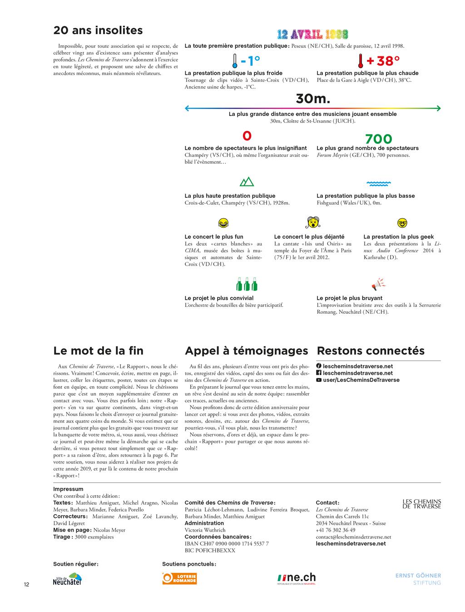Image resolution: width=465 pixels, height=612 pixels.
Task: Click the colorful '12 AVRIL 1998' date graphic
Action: (312, 35)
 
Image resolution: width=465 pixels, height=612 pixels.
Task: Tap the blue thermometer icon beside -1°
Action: (234, 60)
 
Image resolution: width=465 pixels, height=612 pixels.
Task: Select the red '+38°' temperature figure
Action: (383, 60)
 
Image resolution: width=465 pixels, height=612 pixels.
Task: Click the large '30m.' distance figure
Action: (312, 99)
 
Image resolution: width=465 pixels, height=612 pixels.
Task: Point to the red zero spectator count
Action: (247, 136)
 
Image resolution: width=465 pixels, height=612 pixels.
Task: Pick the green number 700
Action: (378, 139)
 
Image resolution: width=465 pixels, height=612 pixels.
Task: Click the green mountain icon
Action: (247, 182)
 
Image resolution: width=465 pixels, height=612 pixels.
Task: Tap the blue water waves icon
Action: (379, 184)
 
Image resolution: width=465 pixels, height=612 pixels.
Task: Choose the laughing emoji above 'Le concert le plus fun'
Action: (223, 223)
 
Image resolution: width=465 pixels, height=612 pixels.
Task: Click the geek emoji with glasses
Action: (402, 223)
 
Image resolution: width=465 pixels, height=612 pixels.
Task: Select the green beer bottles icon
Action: (247, 284)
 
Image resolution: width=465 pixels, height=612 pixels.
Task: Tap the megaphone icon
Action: (378, 285)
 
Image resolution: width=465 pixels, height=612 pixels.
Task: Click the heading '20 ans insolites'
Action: (98, 30)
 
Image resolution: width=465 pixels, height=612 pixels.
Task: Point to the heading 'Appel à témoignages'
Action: (247, 351)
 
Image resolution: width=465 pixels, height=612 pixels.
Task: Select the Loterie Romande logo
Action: (179, 578)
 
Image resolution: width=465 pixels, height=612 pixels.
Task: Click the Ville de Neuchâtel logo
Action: (68, 579)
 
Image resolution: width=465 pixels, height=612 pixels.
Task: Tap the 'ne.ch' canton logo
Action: (297, 578)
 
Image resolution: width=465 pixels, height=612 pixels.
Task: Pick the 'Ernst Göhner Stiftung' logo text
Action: (418, 579)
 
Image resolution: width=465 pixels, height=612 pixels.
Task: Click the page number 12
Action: (26, 585)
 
